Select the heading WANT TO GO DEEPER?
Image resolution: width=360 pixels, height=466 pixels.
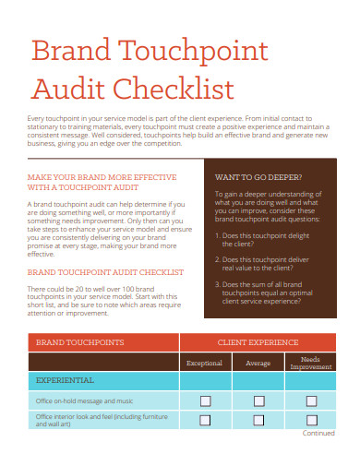click(258, 175)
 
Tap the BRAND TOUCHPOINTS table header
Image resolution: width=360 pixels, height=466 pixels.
click(79, 342)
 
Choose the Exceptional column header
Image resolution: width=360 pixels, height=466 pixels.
click(205, 363)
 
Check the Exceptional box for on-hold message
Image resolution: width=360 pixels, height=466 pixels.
click(205, 400)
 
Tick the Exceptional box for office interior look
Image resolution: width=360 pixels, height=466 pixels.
click(205, 420)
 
